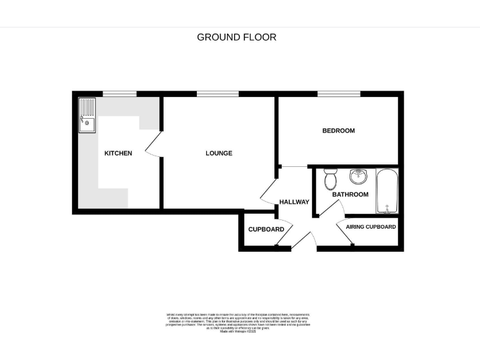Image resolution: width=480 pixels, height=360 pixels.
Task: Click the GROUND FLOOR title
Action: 236,37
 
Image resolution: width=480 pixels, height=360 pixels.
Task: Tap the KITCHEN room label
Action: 117,153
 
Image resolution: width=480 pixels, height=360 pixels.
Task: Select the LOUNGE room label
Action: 219,153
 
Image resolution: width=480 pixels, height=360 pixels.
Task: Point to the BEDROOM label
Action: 338,131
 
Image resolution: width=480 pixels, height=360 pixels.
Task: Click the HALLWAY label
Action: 294,202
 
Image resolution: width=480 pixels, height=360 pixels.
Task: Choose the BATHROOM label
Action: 350,194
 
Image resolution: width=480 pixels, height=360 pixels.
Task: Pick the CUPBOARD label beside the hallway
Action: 266,229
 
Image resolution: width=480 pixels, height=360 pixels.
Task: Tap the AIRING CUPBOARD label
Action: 371,227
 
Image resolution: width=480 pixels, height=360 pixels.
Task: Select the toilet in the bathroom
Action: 331,179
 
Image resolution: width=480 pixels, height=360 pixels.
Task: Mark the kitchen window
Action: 119,94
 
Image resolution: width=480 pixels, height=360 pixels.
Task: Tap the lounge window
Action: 217,94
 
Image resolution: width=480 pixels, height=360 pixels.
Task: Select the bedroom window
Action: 338,94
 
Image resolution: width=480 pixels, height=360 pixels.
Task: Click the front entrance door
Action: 304,241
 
